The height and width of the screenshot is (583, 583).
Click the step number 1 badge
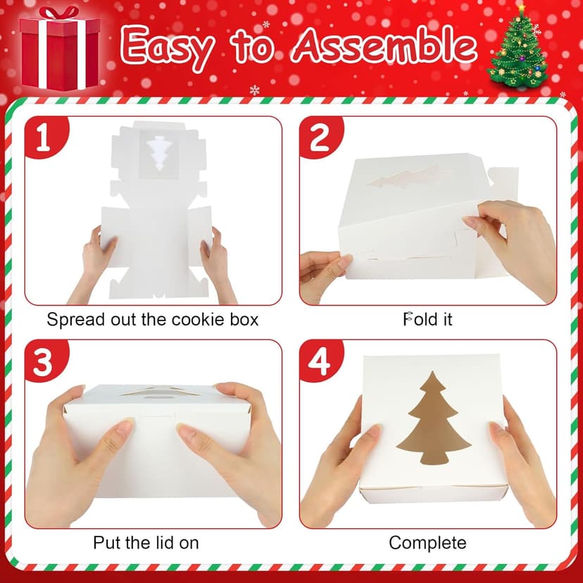[44, 137]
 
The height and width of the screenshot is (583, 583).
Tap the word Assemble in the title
[384, 46]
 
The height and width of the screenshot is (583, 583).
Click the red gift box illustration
[59, 49]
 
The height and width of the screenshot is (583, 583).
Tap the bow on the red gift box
[58, 15]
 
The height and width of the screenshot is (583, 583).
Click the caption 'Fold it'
[427, 319]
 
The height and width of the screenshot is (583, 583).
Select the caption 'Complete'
[427, 543]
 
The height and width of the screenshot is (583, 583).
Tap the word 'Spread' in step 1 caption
[73, 319]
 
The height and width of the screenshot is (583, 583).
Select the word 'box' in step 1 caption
[244, 319]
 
